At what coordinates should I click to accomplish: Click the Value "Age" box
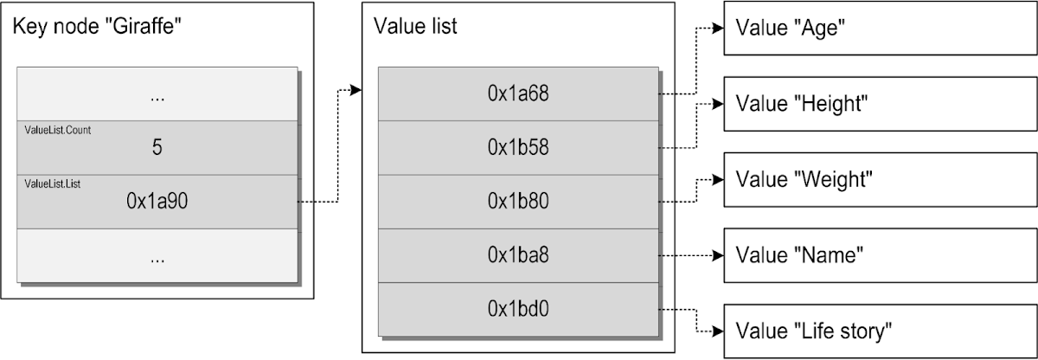[x=880, y=29]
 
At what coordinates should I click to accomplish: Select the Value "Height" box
[x=880, y=104]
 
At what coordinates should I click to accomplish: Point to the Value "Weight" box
[x=880, y=180]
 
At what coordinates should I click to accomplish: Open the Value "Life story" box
[x=880, y=331]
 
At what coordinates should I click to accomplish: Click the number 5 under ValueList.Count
[x=157, y=148]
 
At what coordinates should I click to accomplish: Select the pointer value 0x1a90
[x=157, y=202]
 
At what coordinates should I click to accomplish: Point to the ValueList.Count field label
[x=58, y=130]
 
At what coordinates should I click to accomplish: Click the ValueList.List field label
[x=54, y=183]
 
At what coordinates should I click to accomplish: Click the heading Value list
[x=415, y=27]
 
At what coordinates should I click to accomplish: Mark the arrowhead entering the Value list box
[x=356, y=89]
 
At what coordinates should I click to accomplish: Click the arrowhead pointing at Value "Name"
[x=717, y=255]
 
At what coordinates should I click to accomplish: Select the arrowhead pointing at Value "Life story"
[x=717, y=331]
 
